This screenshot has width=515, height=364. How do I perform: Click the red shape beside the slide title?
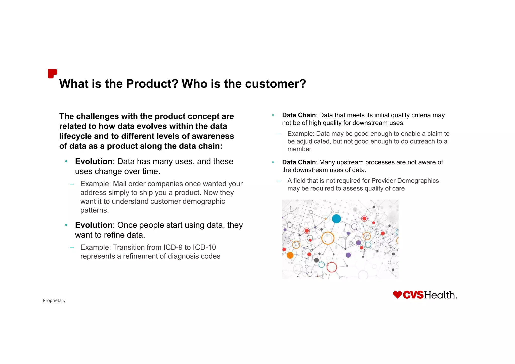pyautogui.click(x=52, y=74)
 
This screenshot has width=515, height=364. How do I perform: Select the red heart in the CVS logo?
pyautogui.click(x=397, y=294)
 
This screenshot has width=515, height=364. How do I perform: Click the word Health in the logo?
pyautogui.click(x=440, y=295)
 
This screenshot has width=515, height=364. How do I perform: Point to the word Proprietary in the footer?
pyautogui.click(x=54, y=300)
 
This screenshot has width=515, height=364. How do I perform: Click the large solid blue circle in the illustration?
pyautogui.click(x=336, y=218)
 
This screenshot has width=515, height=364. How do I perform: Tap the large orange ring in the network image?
pyautogui.click(x=328, y=238)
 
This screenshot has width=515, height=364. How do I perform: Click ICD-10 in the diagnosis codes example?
pyautogui.click(x=204, y=247)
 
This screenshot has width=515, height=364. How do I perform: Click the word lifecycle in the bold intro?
pyautogui.click(x=76, y=136)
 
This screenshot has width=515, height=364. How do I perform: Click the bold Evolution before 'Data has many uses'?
pyautogui.click(x=94, y=161)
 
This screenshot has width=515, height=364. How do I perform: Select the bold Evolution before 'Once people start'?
pyautogui.click(x=94, y=225)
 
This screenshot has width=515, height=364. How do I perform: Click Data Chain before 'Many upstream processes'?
pyautogui.click(x=299, y=162)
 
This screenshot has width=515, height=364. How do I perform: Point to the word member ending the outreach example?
pyautogui.click(x=299, y=149)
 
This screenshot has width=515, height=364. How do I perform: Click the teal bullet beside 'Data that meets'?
pyautogui.click(x=273, y=115)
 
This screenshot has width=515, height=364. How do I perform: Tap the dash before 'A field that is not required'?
pyautogui.click(x=279, y=181)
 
